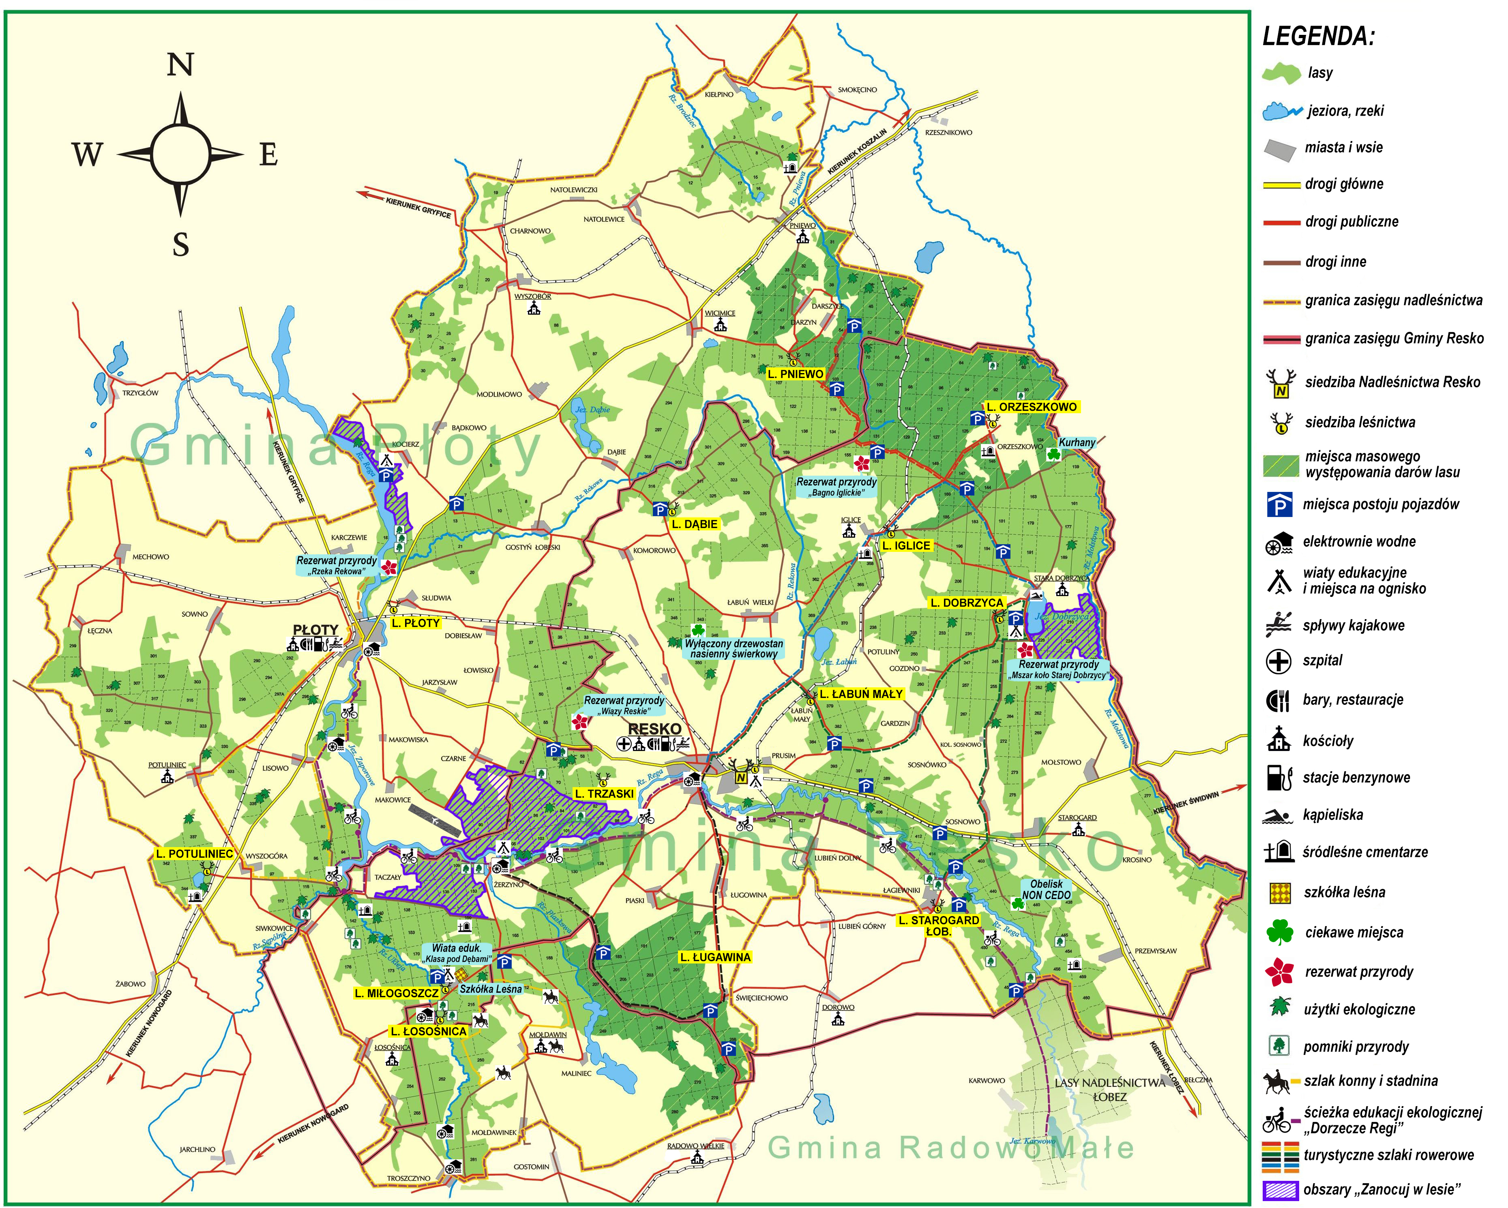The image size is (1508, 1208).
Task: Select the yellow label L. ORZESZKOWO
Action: (x=1032, y=407)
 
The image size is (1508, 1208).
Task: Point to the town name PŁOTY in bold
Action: (x=315, y=629)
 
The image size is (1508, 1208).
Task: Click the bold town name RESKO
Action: (x=654, y=729)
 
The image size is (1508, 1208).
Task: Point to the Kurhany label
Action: (x=1077, y=443)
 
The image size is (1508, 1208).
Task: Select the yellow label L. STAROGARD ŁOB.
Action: (x=939, y=925)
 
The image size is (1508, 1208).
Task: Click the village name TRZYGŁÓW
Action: (x=140, y=393)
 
